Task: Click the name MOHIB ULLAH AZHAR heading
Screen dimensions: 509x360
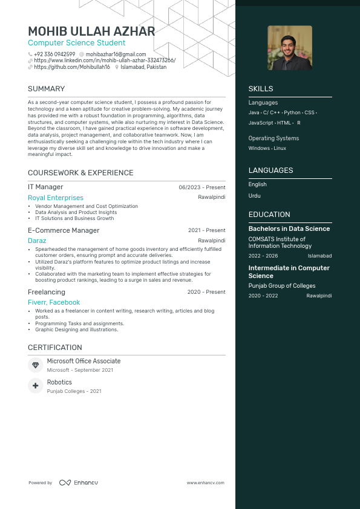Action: (x=91, y=31)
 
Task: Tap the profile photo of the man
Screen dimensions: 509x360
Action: (x=290, y=48)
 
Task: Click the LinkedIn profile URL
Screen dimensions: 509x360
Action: (x=105, y=61)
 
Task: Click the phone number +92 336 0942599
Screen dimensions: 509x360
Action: (x=54, y=54)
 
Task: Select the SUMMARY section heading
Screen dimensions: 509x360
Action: (x=47, y=89)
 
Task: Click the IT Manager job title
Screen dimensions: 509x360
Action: (x=45, y=187)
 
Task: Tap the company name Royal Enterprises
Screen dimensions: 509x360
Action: (x=56, y=198)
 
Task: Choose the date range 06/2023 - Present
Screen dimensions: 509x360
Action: (x=202, y=187)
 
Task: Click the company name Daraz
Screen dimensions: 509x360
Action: (x=37, y=241)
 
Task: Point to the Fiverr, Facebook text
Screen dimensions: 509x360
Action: (x=54, y=302)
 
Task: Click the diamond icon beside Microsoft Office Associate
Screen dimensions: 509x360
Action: (x=35, y=365)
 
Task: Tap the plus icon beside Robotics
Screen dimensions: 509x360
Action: (x=35, y=386)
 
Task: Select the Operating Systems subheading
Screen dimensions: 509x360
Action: (x=273, y=138)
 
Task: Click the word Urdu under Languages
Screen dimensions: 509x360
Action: (x=254, y=196)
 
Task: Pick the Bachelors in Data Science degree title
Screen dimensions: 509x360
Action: (x=289, y=229)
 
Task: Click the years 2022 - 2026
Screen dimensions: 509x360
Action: (x=262, y=256)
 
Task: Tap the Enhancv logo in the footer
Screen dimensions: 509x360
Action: (x=78, y=483)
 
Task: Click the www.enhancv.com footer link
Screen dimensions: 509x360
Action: (x=206, y=483)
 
